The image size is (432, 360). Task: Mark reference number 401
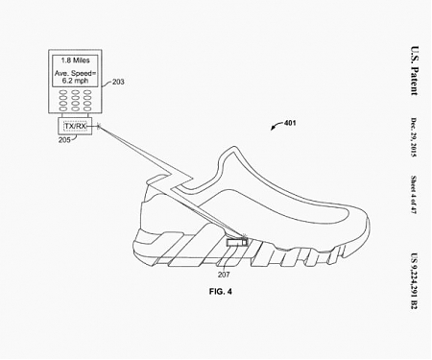tap(288, 124)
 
